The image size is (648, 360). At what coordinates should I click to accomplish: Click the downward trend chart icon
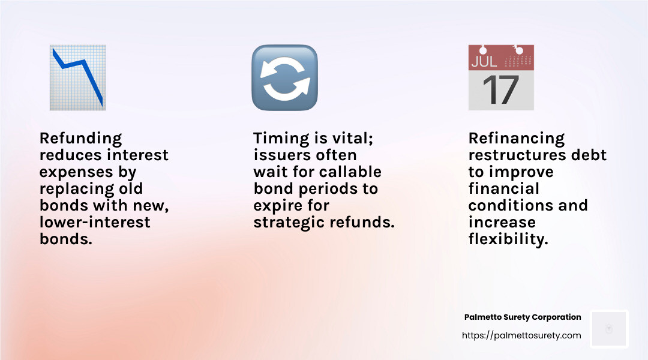[x=77, y=77]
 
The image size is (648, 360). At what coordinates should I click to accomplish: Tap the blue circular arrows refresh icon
[x=284, y=77]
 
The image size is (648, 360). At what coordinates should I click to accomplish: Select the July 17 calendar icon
[x=501, y=77]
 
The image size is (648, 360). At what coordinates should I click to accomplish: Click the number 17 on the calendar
[x=501, y=90]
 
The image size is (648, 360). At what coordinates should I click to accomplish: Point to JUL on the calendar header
[x=485, y=61]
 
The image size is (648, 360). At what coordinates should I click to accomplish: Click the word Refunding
[x=80, y=139]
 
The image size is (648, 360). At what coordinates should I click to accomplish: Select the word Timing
[x=280, y=139]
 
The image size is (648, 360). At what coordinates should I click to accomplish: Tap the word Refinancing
[x=517, y=139]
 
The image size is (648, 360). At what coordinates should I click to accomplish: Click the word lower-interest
[x=95, y=223]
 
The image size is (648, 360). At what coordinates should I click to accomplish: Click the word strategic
[x=287, y=223]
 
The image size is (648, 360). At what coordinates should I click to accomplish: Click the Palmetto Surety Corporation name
[x=523, y=317]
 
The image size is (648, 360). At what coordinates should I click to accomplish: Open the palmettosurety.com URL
[x=521, y=335]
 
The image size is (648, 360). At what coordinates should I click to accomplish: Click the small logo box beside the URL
[x=609, y=329]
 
